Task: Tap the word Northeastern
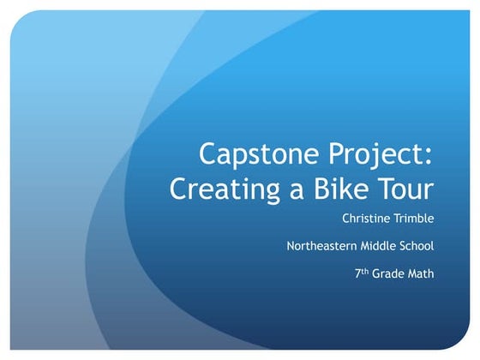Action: [323, 246]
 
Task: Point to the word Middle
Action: [381, 246]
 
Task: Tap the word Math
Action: [422, 274]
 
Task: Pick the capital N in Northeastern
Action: [291, 246]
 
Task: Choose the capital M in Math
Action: [413, 274]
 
